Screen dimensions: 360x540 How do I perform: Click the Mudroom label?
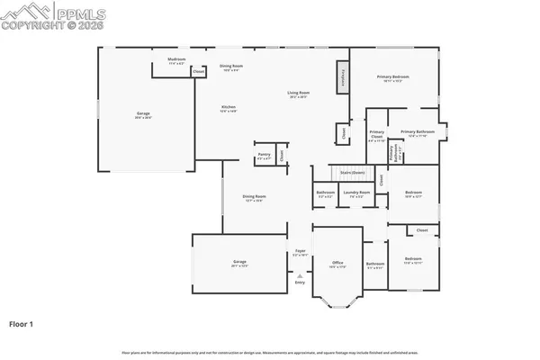coord(175,60)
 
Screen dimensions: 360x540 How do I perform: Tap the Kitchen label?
coord(229,108)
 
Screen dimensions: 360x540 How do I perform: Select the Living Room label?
coord(299,94)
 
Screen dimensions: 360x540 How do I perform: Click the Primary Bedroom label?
coord(394,78)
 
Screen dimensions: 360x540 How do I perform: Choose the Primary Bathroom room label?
coord(418,133)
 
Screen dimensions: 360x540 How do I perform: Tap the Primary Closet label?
coord(377,136)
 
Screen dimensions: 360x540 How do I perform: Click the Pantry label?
coord(264,155)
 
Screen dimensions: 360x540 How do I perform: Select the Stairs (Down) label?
coord(352,172)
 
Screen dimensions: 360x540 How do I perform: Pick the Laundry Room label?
coord(357,193)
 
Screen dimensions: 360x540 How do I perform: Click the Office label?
coord(337,264)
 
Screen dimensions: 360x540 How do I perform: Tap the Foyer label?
coord(301,252)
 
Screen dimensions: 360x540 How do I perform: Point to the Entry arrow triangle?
coord(301,275)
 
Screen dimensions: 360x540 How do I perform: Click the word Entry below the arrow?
coord(301,283)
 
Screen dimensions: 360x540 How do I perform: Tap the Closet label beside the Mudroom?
coord(198,70)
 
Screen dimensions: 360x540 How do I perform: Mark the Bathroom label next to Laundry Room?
coord(325,193)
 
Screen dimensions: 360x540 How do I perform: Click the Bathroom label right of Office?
coord(375,264)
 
